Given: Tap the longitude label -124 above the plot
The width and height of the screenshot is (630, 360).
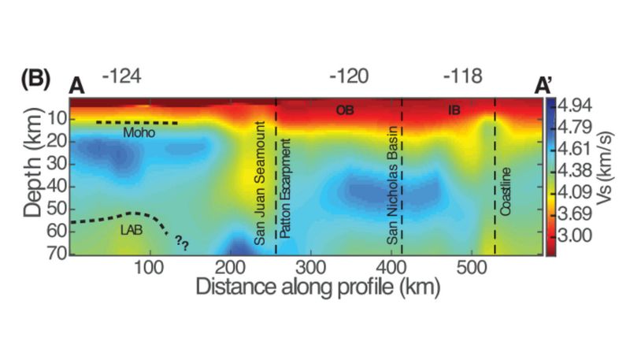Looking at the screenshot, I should pos(121,76).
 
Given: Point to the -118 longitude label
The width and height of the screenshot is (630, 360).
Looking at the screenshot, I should pos(461,76).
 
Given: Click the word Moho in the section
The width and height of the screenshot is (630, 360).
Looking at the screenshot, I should pos(139,135).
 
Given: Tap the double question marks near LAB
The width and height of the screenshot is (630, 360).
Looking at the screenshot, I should pos(183,241).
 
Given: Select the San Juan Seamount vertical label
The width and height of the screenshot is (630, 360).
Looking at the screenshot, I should pos(262,182).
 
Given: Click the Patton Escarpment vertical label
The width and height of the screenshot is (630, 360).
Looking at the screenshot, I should pos(286,189).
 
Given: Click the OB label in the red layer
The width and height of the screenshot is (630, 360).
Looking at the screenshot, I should pos(345,109).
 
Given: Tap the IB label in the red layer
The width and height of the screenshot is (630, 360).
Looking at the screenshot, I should pos(454,109).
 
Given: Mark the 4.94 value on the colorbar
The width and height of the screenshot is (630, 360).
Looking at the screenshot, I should pos(574,106).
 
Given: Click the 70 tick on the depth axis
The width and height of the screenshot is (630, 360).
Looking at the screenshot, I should pos(55,254).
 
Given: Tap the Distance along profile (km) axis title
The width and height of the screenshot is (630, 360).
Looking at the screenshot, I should pos(309,286).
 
